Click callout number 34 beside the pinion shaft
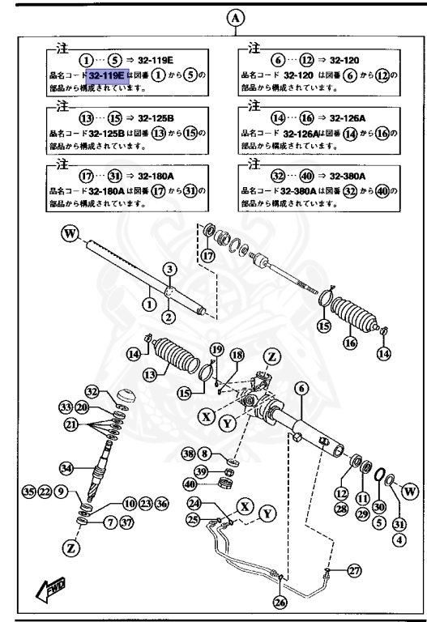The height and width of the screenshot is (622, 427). coord(66,467)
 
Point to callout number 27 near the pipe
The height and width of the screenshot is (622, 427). coord(353,571)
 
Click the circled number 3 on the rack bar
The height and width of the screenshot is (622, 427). coord(169,268)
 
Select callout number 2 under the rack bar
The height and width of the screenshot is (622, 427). coord(169,317)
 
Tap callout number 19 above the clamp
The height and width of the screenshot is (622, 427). coord(216,349)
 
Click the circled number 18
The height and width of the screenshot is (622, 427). coord(236,356)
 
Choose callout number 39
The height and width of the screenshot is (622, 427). coord(201,472)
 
